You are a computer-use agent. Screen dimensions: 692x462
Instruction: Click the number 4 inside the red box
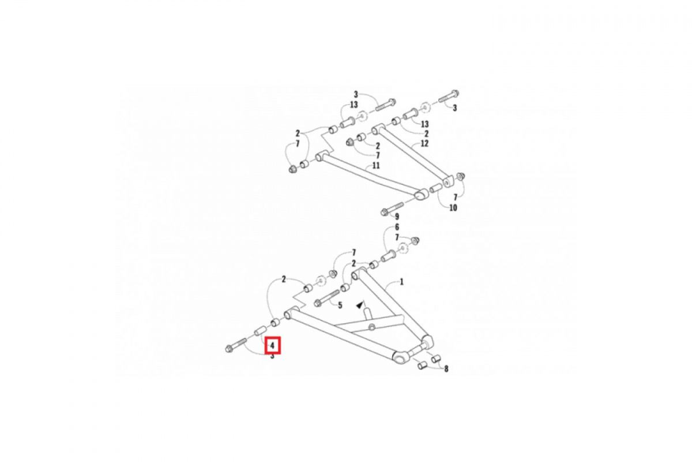272,345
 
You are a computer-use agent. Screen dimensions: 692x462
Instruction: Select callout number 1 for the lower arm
401,282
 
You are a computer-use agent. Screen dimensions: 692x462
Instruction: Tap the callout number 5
340,305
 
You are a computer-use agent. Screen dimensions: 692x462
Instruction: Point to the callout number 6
397,227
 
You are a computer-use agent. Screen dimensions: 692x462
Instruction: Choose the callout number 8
446,369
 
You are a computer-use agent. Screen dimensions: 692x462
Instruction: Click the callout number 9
397,217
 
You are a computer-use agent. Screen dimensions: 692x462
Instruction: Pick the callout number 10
453,207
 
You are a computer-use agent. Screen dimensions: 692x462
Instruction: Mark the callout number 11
375,166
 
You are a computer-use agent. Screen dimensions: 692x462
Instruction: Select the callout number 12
424,144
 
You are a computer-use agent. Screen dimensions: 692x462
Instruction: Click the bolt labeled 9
392,208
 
